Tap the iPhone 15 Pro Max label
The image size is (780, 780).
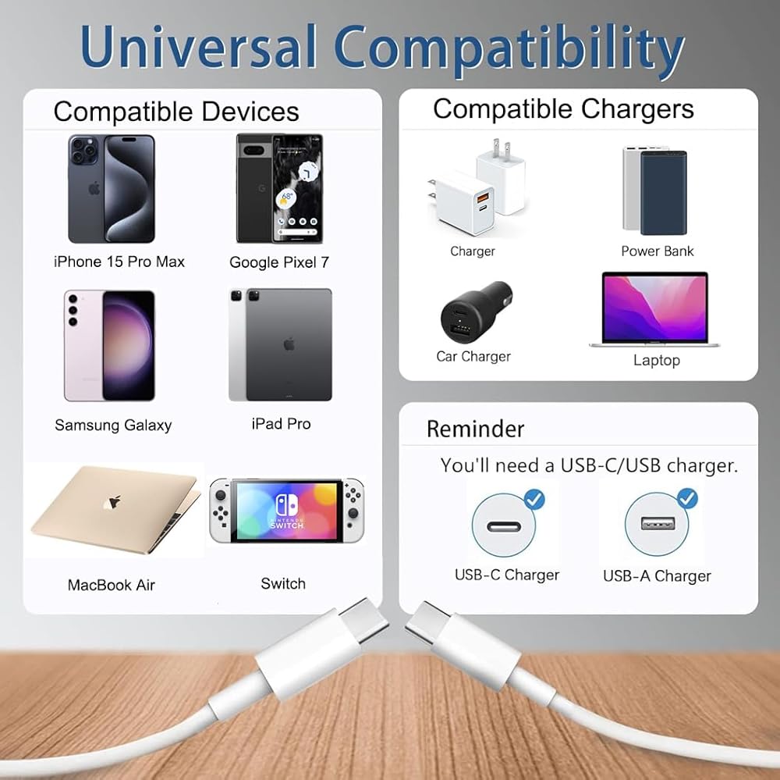(119, 262)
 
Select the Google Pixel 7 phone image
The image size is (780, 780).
(279, 188)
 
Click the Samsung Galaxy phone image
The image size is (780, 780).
(109, 345)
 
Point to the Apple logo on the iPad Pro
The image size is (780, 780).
(289, 344)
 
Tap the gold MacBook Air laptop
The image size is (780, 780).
(115, 510)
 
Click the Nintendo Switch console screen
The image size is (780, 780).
(286, 511)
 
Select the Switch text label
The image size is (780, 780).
(283, 583)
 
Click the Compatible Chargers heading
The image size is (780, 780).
(563, 109)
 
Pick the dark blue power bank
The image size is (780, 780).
(664, 193)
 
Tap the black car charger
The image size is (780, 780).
(476, 312)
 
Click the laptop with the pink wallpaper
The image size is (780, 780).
(654, 309)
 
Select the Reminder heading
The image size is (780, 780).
(475, 429)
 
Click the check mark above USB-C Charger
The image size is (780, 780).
(535, 499)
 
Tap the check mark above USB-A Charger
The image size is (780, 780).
(687, 497)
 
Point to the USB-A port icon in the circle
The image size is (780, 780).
(658, 524)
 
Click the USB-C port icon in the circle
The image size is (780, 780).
(504, 526)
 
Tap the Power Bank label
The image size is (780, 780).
(657, 251)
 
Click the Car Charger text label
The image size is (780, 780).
(473, 357)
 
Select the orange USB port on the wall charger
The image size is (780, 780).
(483, 198)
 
